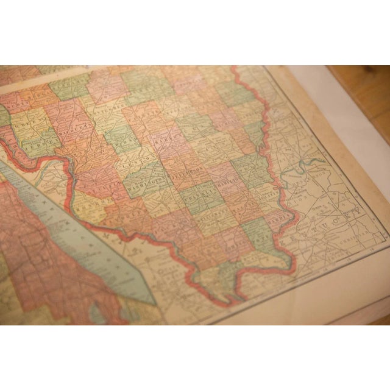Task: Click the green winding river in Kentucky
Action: coord(311,165)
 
